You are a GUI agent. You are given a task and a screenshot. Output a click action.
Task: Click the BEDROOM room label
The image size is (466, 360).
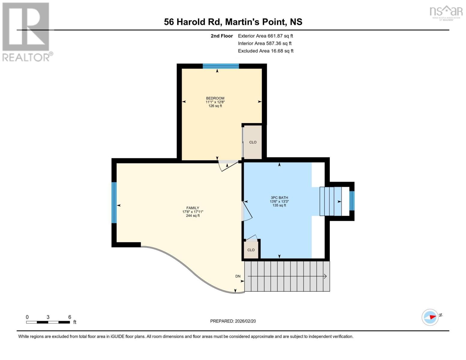(215, 98)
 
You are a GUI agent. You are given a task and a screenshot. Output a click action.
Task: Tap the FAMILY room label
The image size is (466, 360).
(193, 208)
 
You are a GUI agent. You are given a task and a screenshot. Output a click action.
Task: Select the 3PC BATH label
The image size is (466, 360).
(279, 198)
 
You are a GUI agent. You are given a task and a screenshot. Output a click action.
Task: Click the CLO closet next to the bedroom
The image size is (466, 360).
(253, 142)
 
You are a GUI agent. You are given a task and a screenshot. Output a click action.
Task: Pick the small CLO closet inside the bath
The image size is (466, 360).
(251, 250)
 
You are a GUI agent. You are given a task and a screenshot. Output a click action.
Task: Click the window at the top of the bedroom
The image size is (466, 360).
(221, 66)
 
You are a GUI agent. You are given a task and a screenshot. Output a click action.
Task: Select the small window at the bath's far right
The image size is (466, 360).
(352, 201)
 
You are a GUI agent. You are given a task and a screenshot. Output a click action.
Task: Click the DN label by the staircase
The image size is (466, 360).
(238, 276)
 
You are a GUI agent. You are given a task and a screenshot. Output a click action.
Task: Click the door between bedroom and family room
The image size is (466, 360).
(228, 165)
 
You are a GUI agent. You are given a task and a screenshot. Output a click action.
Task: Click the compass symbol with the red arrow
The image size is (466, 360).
(430, 317)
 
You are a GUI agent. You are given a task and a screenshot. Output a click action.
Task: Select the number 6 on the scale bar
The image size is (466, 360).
(70, 317)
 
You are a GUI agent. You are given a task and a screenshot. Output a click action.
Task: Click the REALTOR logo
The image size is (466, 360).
(26, 32)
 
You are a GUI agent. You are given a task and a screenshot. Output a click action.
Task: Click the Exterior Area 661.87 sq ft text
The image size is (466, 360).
(265, 36)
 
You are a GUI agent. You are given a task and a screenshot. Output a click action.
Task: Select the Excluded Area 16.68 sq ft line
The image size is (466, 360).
(266, 51)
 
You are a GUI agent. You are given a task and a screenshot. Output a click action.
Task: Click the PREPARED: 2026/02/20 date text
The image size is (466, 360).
(233, 321)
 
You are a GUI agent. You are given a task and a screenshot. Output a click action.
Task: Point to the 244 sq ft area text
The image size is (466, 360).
(193, 216)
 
